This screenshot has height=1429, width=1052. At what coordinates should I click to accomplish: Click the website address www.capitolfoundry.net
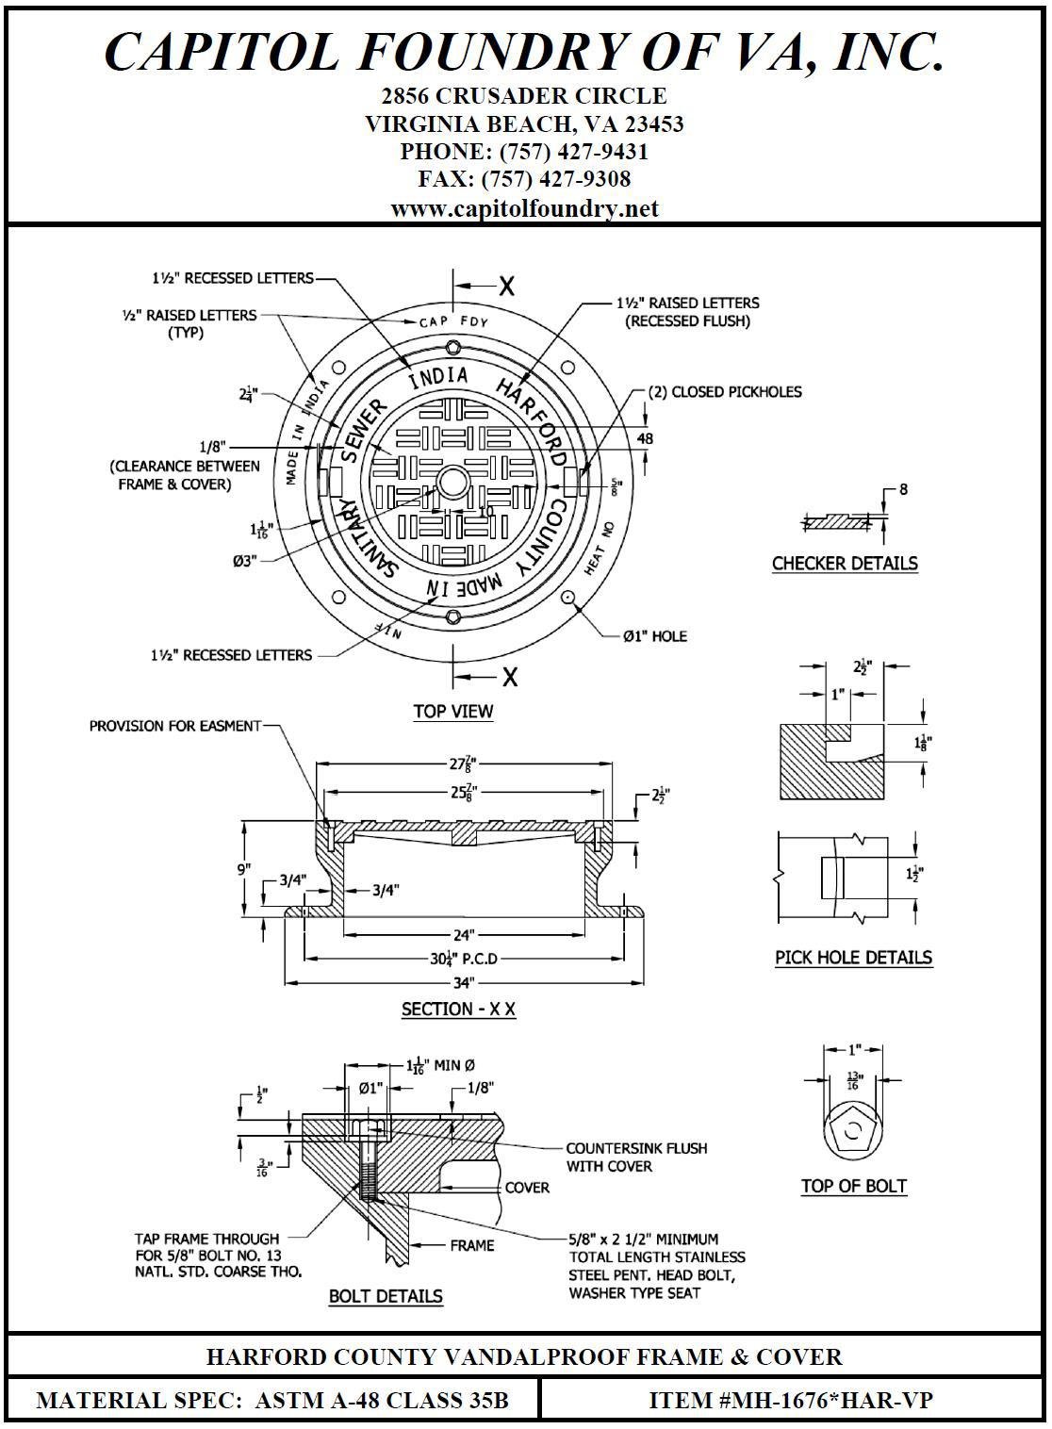coord(525,208)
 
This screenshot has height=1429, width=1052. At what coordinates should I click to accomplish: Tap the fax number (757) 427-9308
coord(525,179)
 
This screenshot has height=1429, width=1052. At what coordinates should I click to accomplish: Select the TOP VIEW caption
coord(453,712)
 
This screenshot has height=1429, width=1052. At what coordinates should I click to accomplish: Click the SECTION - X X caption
coord(458,1010)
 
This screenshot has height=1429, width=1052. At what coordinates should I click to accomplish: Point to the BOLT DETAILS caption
coord(386,1297)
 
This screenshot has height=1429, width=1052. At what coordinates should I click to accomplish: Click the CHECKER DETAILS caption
coord(845,564)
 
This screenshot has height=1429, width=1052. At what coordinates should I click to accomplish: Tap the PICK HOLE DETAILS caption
coord(853,958)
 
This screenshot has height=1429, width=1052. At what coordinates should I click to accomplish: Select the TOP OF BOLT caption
coord(854,1187)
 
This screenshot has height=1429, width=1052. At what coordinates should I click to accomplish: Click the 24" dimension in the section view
coord(462,935)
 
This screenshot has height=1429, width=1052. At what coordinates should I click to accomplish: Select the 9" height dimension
coord(244,868)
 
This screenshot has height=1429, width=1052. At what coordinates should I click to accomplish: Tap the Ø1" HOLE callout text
coord(655,636)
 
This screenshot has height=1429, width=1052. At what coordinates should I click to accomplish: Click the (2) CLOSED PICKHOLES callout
coord(724,391)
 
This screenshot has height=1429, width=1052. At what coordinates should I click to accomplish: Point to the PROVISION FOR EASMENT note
coord(174,726)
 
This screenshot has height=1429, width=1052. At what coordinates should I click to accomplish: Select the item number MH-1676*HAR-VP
coord(791,1401)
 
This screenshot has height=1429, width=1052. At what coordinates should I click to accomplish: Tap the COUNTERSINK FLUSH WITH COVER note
coord(635,1158)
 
